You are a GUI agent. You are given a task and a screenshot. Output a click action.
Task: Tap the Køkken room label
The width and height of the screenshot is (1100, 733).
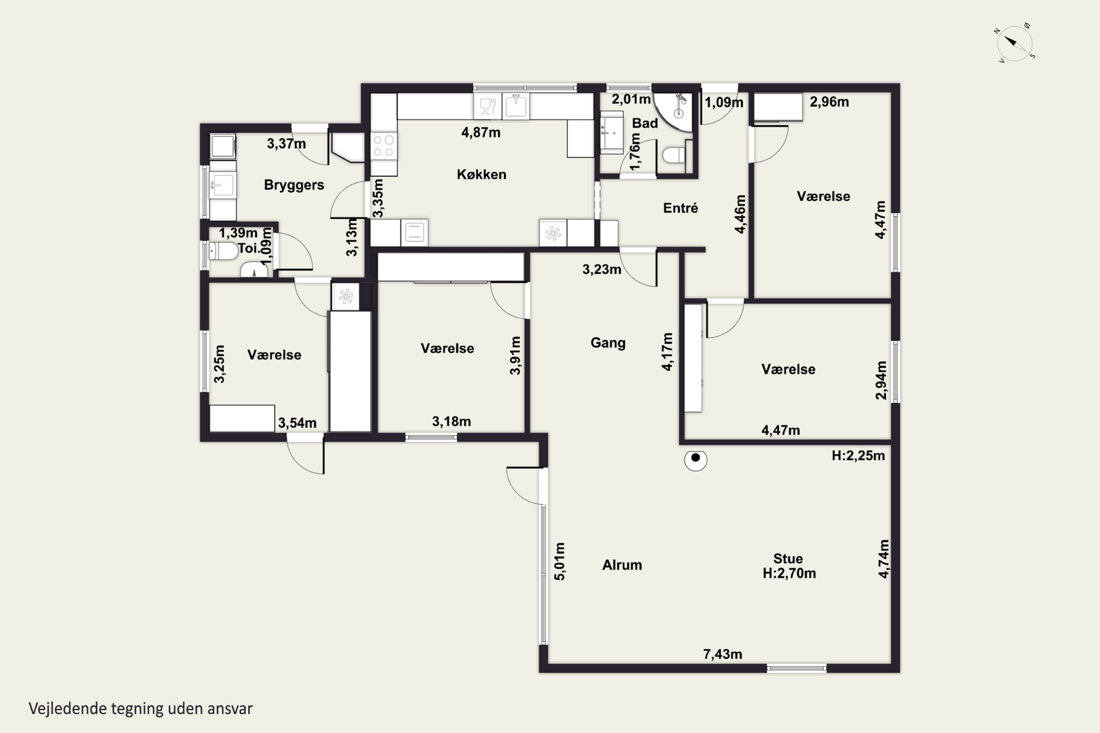[x=481, y=174]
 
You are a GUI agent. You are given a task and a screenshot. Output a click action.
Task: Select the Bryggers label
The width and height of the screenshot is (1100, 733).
[x=294, y=185]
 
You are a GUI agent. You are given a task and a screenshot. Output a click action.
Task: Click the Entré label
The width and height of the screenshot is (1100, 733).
[x=681, y=208]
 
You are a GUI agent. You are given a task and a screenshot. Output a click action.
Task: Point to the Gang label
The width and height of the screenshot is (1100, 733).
[x=608, y=343]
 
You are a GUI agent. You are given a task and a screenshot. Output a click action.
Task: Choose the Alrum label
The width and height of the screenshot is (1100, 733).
[x=622, y=565]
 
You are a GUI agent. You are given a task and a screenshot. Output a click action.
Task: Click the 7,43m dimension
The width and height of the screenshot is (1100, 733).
[x=723, y=654]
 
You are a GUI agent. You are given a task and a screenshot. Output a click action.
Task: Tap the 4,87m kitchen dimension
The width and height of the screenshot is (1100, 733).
[x=481, y=132]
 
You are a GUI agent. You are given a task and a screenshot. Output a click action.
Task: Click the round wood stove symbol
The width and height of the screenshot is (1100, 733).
[x=696, y=460]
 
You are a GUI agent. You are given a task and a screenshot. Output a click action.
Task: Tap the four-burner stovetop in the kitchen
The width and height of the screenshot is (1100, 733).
[x=384, y=146]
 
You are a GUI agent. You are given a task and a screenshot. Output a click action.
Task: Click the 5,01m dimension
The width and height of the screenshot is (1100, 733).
[x=560, y=561]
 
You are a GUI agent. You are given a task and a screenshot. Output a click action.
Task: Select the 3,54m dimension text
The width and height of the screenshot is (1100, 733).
[x=297, y=423]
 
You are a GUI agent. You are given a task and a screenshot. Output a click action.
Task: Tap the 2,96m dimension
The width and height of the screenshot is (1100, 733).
[x=829, y=102]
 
